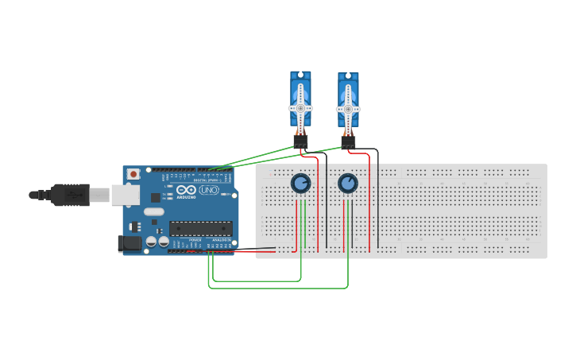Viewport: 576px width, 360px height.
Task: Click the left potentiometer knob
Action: click(300, 184)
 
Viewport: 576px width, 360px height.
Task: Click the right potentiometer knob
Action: click(348, 184)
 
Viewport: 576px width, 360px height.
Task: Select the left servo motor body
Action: click(300, 99)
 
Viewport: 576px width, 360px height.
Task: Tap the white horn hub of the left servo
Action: click(300, 108)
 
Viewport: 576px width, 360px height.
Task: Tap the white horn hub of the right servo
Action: click(348, 109)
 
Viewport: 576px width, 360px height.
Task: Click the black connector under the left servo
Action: click(300, 141)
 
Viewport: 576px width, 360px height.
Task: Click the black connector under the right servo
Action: click(348, 142)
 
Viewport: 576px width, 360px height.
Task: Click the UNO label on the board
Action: click(209, 192)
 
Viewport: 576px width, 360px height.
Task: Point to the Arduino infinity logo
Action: click(186, 191)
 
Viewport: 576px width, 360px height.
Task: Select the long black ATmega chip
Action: click(200, 229)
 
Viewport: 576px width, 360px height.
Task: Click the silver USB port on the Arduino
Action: click(125, 195)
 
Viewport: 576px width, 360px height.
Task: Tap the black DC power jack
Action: click(129, 244)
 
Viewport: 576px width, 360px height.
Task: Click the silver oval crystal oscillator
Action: click(154, 212)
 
